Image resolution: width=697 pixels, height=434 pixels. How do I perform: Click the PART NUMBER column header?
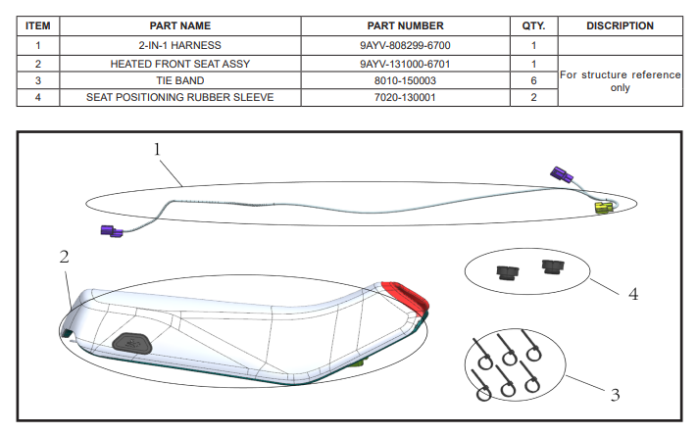pyautogui.click(x=405, y=25)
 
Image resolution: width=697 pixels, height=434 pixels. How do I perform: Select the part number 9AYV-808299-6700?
pyautogui.click(x=405, y=45)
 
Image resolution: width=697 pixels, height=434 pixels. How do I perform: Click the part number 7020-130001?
pyautogui.click(x=405, y=97)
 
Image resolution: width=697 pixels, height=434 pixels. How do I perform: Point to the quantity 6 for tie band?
pyautogui.click(x=533, y=80)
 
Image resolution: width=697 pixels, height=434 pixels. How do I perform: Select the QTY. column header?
pyautogui.click(x=533, y=25)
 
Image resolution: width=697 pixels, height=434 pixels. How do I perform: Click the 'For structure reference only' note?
pyautogui.click(x=620, y=80)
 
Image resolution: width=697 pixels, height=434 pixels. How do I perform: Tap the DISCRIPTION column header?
pyautogui.click(x=620, y=25)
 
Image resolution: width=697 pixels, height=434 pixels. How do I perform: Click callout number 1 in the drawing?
pyautogui.click(x=157, y=149)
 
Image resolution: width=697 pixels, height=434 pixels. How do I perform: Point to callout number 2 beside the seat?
pyautogui.click(x=64, y=258)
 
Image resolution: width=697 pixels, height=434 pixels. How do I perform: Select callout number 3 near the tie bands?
pyautogui.click(x=615, y=396)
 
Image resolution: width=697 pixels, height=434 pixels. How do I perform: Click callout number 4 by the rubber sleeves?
pyautogui.click(x=633, y=294)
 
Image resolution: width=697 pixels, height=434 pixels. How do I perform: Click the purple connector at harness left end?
pyautogui.click(x=111, y=231)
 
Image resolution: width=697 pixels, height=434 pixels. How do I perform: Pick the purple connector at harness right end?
pyautogui.click(x=562, y=175)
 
